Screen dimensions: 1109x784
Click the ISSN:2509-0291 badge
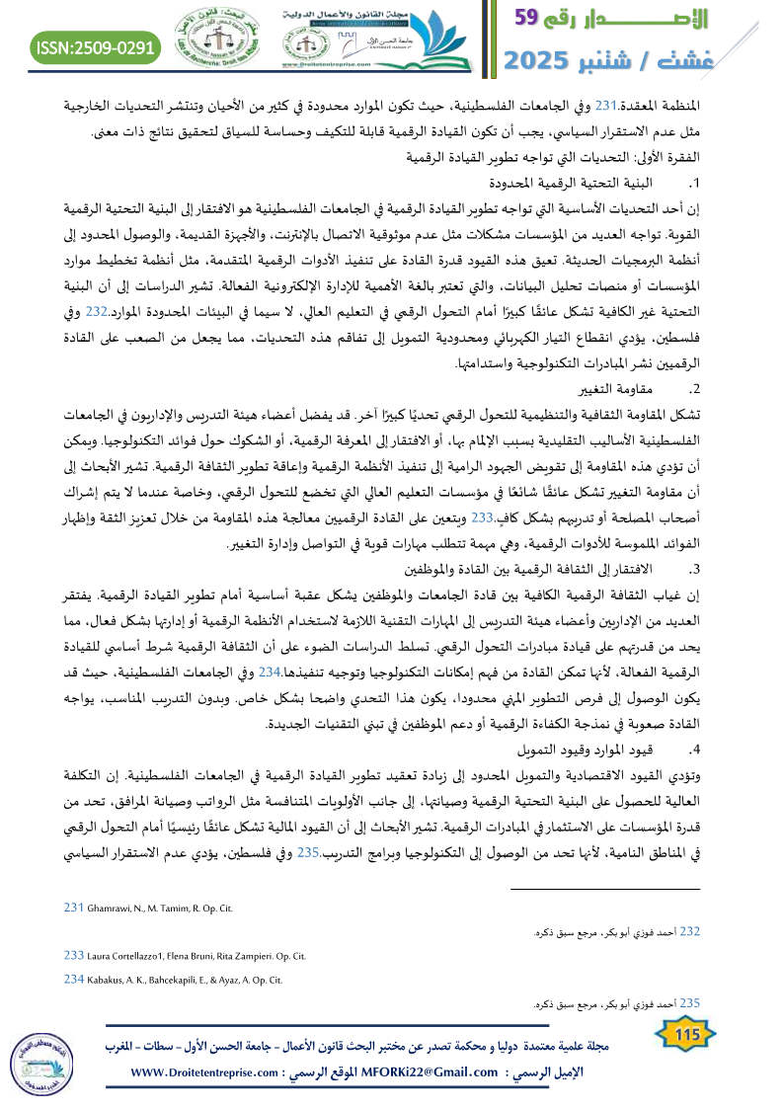[96, 46]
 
